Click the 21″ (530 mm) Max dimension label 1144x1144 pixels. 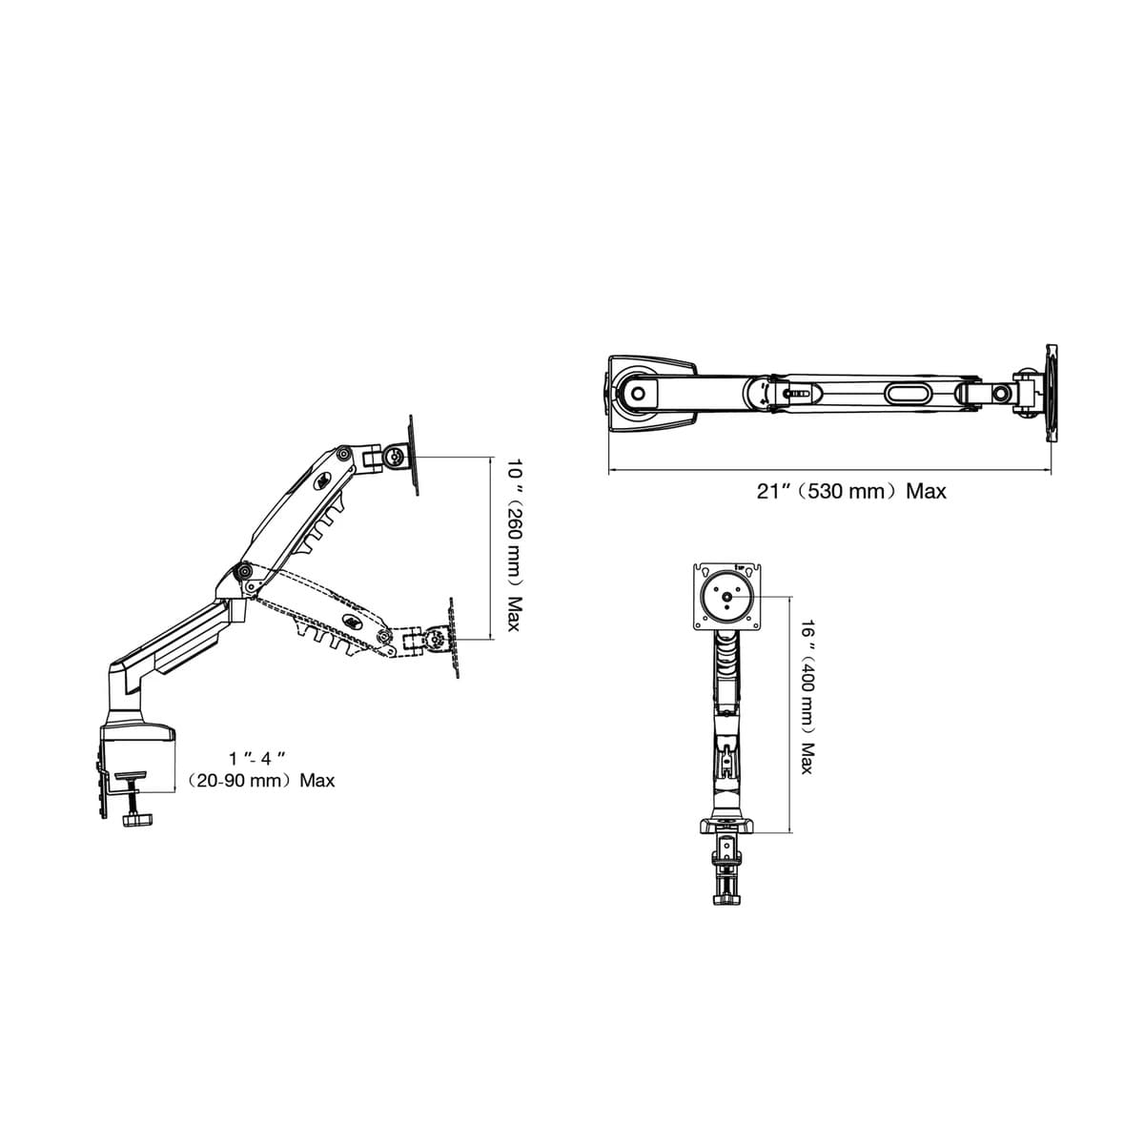[x=850, y=492]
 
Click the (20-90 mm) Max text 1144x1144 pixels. [x=261, y=780]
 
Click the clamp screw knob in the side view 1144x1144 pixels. [x=136, y=819]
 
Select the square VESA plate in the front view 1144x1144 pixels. [x=727, y=596]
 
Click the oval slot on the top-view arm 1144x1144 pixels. [x=908, y=393]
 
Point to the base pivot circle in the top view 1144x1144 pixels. [x=638, y=393]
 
